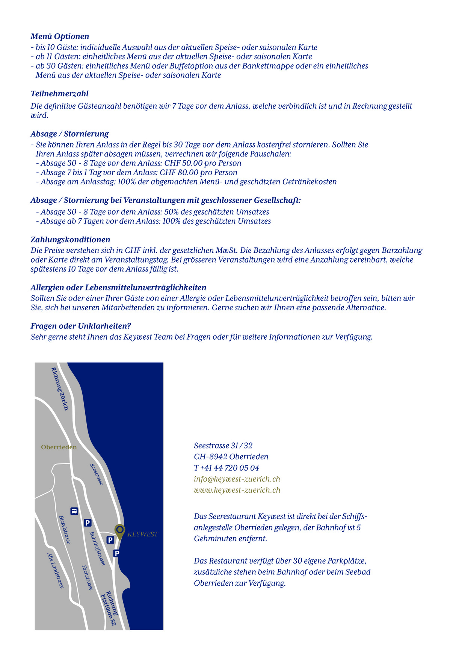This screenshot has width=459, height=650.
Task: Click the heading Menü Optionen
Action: tap(60, 36)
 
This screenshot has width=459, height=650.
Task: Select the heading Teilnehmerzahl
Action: tap(59, 94)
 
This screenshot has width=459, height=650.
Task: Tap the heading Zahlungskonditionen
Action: tap(70, 240)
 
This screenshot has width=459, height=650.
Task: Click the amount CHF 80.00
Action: tap(179, 173)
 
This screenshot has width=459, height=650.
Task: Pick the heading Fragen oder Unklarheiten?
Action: tap(81, 326)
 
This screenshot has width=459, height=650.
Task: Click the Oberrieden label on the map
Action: tap(59, 447)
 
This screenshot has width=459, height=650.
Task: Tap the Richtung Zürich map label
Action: tap(60, 389)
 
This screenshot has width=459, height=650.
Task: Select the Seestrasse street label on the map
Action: tap(97, 474)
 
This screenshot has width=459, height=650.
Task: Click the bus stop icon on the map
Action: tap(74, 511)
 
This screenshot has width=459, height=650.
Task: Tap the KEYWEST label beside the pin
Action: tap(143, 534)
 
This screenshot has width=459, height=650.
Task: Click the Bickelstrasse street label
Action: tap(65, 530)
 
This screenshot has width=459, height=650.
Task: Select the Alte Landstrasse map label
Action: tap(56, 571)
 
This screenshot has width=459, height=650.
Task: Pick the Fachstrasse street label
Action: tap(87, 577)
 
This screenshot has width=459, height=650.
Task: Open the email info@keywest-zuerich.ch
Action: tap(237, 479)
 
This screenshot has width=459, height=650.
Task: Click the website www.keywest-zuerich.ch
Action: tap(237, 490)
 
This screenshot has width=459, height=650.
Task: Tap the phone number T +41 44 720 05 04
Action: tap(226, 468)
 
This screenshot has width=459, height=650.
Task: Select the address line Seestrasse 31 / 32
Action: tap(223, 446)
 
